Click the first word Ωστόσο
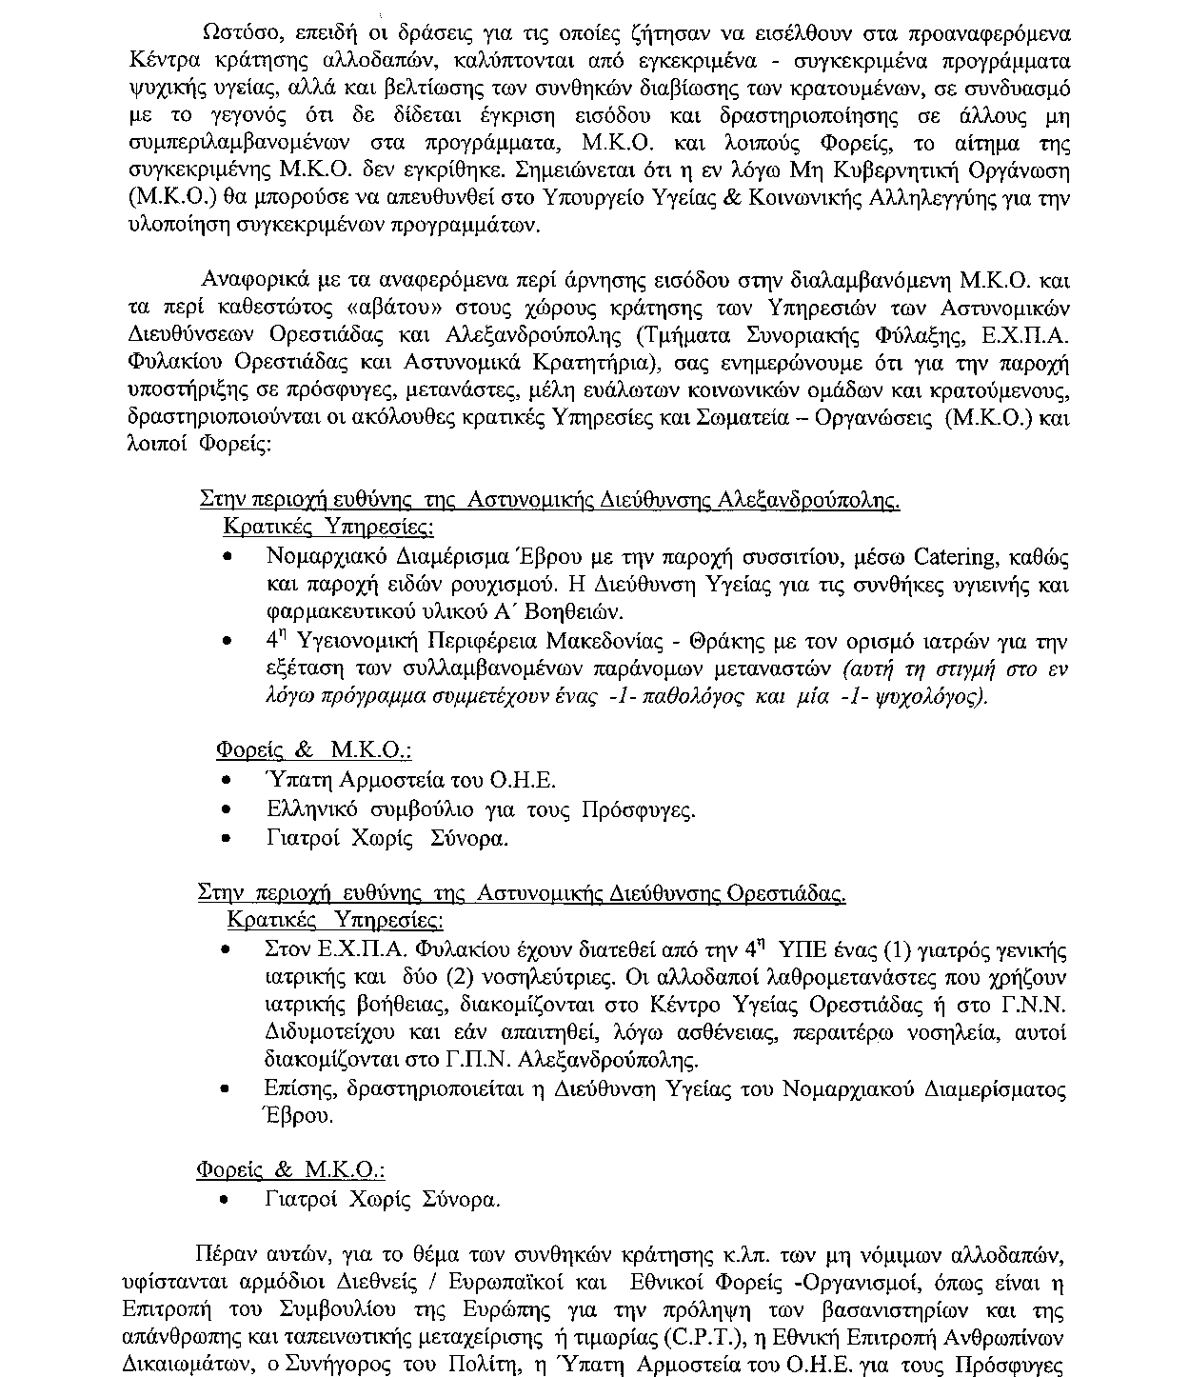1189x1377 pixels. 235,33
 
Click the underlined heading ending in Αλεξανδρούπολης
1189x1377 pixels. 549,500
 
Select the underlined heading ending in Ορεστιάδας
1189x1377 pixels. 522,894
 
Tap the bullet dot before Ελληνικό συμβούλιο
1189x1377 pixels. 226,810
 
